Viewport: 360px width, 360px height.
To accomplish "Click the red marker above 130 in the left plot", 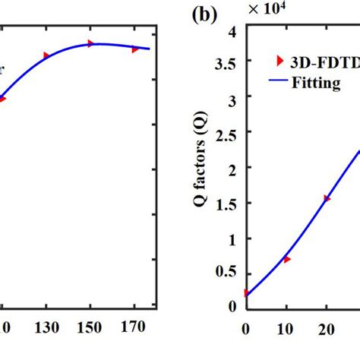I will (x=46, y=55).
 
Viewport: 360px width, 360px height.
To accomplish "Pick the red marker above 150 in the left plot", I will (x=91, y=43).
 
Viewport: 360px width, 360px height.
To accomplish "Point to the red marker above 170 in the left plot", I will (x=135, y=49).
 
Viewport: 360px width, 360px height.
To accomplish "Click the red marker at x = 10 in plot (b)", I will (x=286, y=260).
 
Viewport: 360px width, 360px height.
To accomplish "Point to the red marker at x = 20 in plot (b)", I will (x=327, y=198).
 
